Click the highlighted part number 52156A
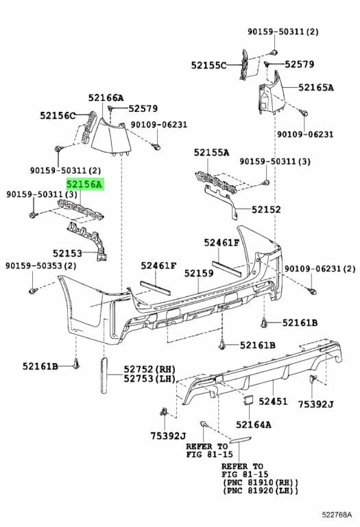85,184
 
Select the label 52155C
209,65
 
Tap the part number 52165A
316,87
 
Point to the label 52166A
106,98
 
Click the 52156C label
58,115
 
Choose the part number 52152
266,209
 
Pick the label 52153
67,253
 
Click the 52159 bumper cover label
199,273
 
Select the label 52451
273,401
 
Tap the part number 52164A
254,425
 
